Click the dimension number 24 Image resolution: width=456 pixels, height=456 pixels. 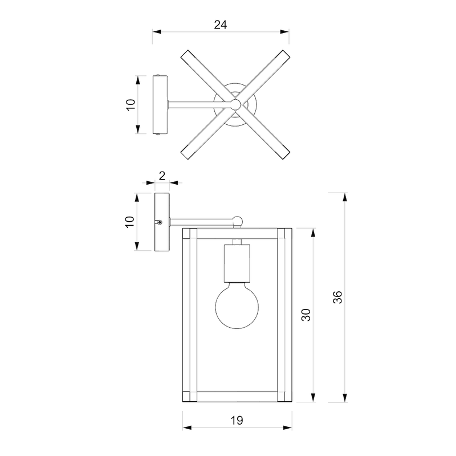(221, 25)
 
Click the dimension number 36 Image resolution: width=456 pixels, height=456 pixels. (337, 297)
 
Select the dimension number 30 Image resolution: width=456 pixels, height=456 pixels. (306, 315)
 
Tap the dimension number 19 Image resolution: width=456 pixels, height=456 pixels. (237, 421)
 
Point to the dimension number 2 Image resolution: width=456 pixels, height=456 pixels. (162, 176)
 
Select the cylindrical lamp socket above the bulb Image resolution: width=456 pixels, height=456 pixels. (237, 263)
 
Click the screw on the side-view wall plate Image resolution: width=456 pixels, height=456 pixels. (159, 222)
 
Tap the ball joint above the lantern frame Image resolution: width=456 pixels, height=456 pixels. (237, 221)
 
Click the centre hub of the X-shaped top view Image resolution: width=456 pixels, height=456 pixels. (235, 104)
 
